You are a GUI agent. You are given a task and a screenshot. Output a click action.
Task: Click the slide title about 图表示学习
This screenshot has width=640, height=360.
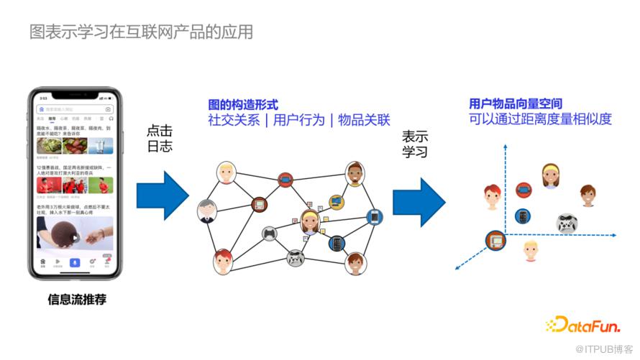pos(141,32)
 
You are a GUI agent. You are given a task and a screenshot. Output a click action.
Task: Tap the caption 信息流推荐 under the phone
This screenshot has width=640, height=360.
pos(76,300)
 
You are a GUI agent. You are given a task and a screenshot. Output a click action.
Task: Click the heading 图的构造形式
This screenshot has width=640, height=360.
pos(242,105)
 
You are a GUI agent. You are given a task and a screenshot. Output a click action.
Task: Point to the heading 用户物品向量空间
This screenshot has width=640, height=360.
pos(515,104)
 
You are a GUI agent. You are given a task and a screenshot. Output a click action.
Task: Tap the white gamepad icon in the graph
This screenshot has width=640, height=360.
pos(296,257)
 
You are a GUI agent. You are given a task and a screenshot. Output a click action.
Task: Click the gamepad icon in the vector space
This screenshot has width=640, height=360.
pos(567,223)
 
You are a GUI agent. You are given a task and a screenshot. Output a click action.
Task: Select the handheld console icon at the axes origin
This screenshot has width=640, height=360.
pos(495,240)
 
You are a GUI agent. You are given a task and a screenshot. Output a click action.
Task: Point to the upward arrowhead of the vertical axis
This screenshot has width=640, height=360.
pos(506,147)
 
